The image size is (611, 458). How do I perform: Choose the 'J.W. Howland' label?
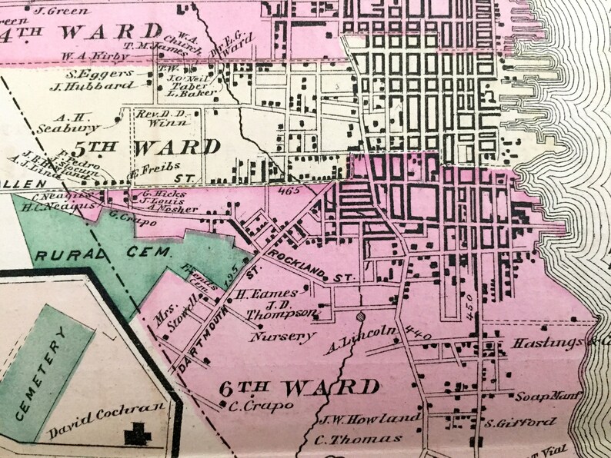[368, 420]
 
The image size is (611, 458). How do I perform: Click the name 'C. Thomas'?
[358, 440]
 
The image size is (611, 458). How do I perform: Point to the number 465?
[289, 189]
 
